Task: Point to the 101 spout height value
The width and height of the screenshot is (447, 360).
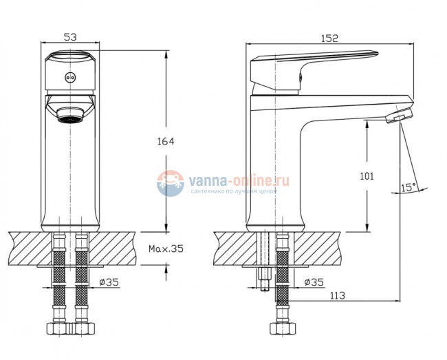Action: (368, 176)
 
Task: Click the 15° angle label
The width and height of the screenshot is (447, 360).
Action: (408, 186)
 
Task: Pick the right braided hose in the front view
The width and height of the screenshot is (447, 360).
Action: (83, 275)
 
